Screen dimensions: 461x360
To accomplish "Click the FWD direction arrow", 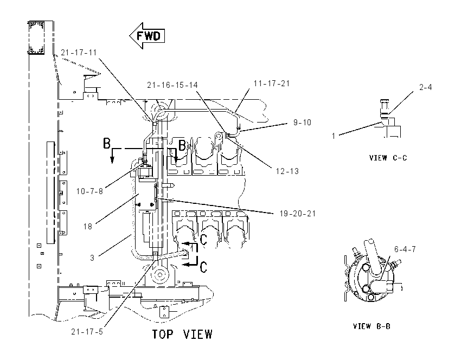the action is click(x=147, y=36).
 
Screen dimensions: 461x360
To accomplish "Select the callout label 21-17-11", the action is click(x=79, y=53).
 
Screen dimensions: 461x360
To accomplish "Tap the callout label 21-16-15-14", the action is click(x=172, y=85).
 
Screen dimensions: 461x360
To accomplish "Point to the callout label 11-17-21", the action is click(x=272, y=83).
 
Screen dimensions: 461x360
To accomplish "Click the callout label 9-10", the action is click(x=302, y=122).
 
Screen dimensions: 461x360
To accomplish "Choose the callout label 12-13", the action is click(x=287, y=171).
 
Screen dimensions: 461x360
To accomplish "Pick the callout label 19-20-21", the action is click(x=298, y=214).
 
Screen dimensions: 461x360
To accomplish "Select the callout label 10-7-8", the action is click(x=89, y=191).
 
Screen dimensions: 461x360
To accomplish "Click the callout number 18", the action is click(x=88, y=227).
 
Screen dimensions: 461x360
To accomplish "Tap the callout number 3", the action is click(x=92, y=258).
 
